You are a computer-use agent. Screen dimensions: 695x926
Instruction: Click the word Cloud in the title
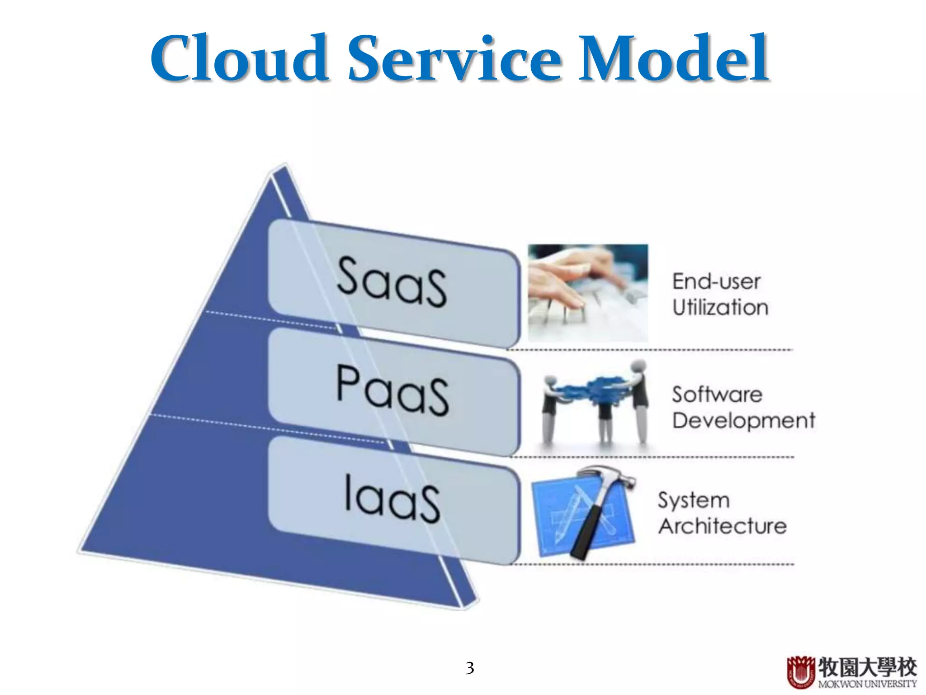[240, 59]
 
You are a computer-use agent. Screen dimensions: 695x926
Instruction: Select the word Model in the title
[674, 59]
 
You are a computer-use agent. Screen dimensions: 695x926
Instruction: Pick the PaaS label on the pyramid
[392, 390]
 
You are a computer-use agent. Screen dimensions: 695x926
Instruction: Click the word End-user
[716, 281]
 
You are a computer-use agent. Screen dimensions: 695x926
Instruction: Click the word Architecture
[723, 526]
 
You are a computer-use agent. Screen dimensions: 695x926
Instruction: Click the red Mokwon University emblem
[801, 671]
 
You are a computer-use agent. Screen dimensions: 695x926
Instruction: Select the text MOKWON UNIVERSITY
[867, 684]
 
